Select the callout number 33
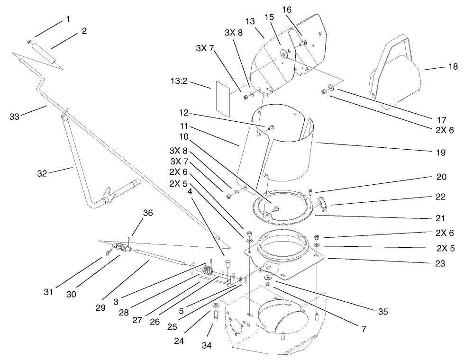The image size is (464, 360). [x=15, y=116]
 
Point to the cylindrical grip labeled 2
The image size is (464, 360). [x=44, y=53]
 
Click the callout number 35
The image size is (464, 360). [x=383, y=311]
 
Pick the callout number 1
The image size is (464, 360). [x=68, y=19]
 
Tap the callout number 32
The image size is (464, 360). [x=42, y=173]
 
